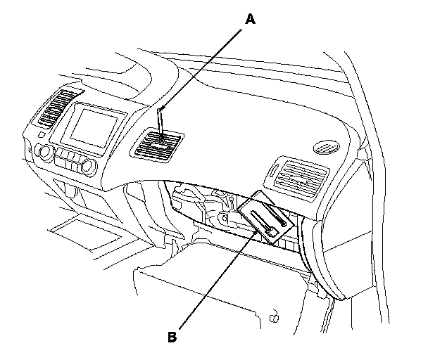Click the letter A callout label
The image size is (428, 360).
click(250, 20)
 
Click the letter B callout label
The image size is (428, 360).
click(172, 336)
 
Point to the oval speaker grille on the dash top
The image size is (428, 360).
click(327, 146)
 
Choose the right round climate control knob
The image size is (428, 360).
click(88, 166)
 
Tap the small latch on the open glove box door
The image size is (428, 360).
click(273, 318)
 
